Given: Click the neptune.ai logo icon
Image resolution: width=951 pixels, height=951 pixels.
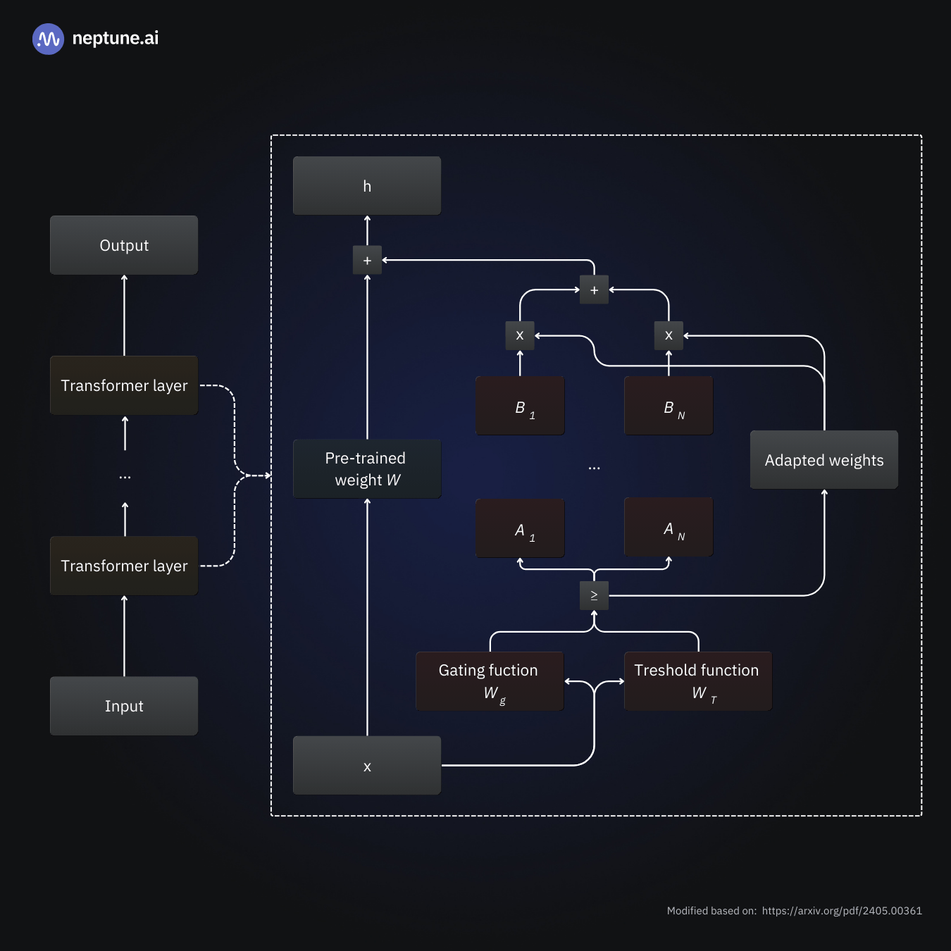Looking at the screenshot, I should pyautogui.click(x=48, y=39).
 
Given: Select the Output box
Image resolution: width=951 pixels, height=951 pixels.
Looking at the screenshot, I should pyautogui.click(x=124, y=245).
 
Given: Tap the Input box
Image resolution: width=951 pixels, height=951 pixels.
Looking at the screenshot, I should pyautogui.click(x=124, y=706).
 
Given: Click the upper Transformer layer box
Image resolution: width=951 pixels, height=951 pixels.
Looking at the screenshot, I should pyautogui.click(x=124, y=385).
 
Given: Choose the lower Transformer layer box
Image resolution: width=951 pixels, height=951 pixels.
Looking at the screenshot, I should pyautogui.click(x=124, y=566).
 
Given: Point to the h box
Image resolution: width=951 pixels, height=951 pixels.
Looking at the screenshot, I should pyautogui.click(x=367, y=186).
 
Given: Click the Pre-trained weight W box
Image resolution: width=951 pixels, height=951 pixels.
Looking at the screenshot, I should pyautogui.click(x=367, y=469).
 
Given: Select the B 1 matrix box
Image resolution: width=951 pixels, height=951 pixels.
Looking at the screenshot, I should pyautogui.click(x=520, y=406).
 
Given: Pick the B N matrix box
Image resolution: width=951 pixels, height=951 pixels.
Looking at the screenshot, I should pyautogui.click(x=669, y=406).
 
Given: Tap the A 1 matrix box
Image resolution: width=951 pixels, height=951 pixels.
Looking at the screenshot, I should pyautogui.click(x=520, y=528).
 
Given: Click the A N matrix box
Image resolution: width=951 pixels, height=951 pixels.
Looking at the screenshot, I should pyautogui.click(x=669, y=528).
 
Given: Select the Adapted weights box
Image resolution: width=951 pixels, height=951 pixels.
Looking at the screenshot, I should pyautogui.click(x=824, y=460).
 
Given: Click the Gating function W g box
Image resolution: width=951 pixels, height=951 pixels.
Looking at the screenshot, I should pyautogui.click(x=490, y=681).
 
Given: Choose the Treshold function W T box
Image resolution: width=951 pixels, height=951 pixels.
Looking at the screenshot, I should pyautogui.click(x=698, y=681).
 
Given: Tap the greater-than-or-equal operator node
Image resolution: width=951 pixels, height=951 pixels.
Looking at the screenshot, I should pyautogui.click(x=594, y=596).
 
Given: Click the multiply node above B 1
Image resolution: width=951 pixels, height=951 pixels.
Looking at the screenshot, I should pyautogui.click(x=520, y=336).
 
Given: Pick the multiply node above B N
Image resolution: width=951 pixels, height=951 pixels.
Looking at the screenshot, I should pyautogui.click(x=669, y=336).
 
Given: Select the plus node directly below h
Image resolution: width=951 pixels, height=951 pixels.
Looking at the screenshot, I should pyautogui.click(x=367, y=261).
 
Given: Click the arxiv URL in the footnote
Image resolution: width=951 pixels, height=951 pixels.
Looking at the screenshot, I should pyautogui.click(x=842, y=911).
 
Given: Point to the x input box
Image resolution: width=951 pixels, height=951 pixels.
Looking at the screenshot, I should pyautogui.click(x=367, y=766).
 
